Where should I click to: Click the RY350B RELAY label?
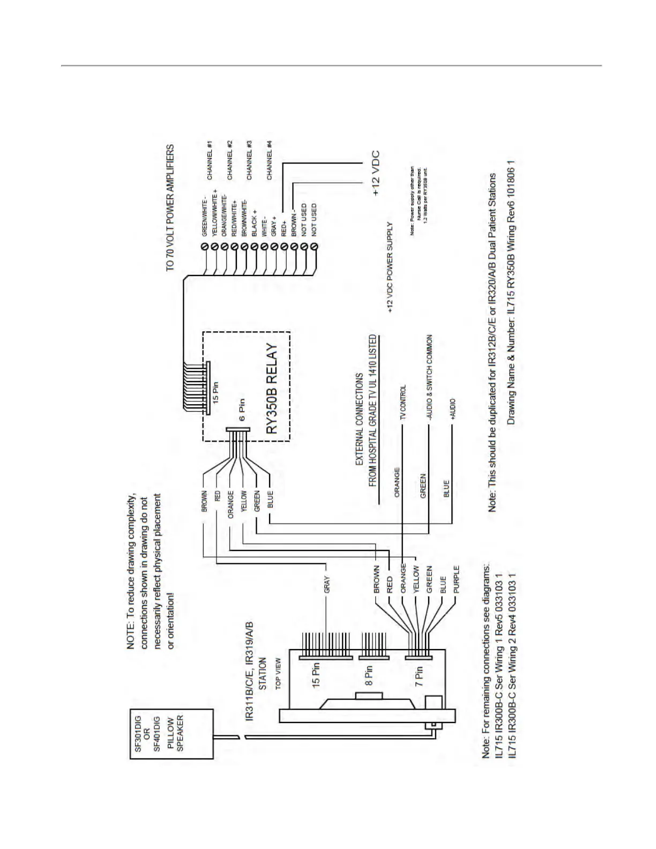tap(272, 389)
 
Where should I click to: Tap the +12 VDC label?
tap(376, 173)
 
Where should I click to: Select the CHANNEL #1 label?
tap(210, 160)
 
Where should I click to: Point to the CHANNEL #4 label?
tap(270, 160)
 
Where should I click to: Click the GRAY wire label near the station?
tap(326, 584)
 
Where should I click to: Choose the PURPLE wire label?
tap(456, 579)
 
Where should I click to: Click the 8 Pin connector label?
tap(369, 675)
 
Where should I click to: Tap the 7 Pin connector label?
tap(419, 675)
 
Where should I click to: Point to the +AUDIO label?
tap(453, 409)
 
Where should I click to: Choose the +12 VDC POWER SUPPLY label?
tap(390, 267)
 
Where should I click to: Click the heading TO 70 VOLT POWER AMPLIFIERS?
tap(170, 207)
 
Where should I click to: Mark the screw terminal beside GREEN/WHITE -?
tap(205, 247)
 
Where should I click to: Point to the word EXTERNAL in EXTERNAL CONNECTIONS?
tap(360, 448)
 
